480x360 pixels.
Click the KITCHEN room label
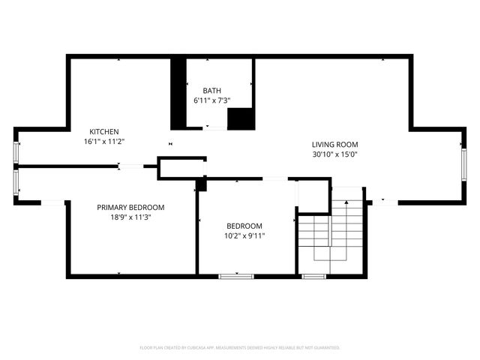(104, 131)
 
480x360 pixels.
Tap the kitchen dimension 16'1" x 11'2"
(104, 141)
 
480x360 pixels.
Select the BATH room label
(211, 90)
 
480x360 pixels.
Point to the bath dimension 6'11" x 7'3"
(211, 100)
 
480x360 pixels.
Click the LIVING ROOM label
(335, 144)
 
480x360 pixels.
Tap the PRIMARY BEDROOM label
(130, 207)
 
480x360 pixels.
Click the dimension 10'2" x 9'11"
(245, 235)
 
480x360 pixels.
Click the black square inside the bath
(240, 119)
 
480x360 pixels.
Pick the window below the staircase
(313, 276)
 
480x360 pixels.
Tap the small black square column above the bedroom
(200, 184)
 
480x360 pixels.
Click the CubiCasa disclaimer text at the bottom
(240, 347)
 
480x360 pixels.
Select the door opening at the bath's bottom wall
(216, 128)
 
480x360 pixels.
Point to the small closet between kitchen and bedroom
(181, 169)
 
